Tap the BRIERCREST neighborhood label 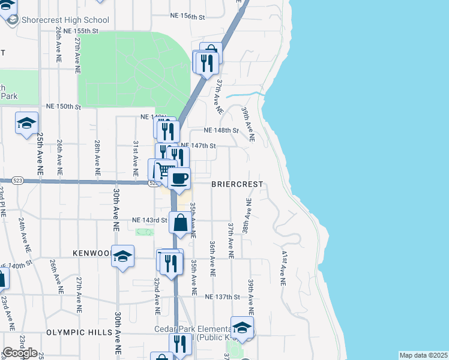[238, 185]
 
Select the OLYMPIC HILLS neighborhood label [79, 332]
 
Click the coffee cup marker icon [179, 178]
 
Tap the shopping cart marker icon [164, 169]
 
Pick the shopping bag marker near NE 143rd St [180, 223]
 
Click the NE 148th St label [221, 130]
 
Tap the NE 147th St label [197, 145]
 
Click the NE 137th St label [221, 297]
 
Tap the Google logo [20, 352]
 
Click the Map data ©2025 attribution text [423, 355]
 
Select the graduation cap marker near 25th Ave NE [26, 123]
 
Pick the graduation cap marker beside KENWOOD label [122, 256]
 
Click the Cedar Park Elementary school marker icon [242, 327]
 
